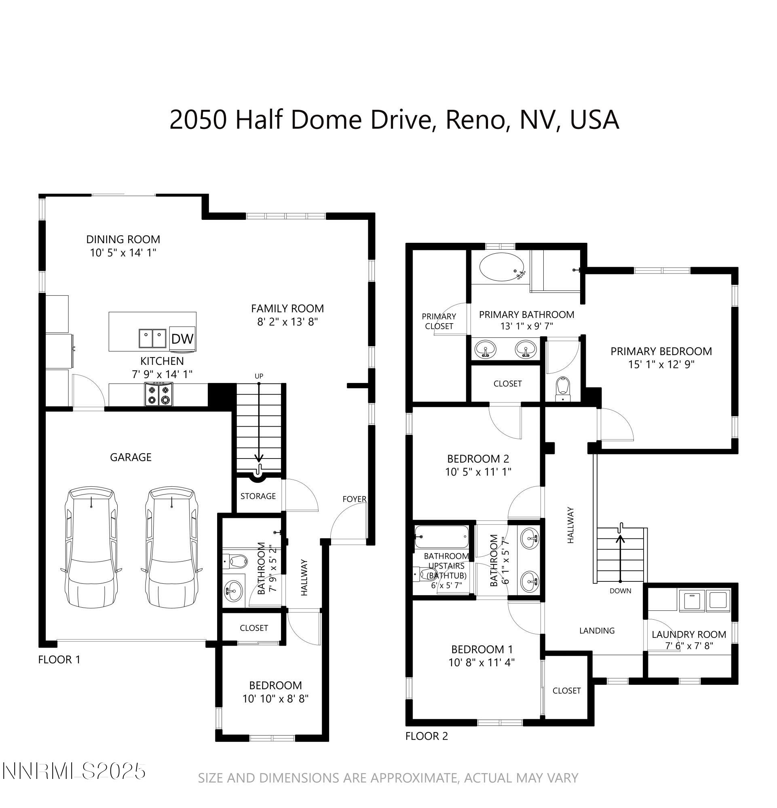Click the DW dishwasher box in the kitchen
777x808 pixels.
[x=182, y=339]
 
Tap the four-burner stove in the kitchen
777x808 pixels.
[x=159, y=394]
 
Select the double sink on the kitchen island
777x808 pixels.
[x=152, y=339]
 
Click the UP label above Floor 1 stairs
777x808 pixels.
[x=259, y=376]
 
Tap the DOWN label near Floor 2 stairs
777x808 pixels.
[x=620, y=591]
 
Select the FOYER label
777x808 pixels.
[x=354, y=499]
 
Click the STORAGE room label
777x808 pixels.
[x=258, y=496]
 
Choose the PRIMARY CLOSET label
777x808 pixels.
[x=439, y=321]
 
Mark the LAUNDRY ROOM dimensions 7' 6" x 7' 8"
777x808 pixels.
[x=689, y=646]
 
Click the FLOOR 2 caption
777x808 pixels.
[x=426, y=736]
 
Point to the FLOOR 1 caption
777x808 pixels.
[x=59, y=660]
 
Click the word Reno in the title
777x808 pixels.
[x=474, y=120]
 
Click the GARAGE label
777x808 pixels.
[x=130, y=457]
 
